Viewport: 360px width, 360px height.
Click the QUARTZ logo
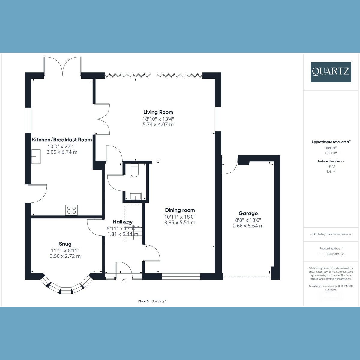[331, 72]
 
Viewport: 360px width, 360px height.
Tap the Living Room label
[158, 112]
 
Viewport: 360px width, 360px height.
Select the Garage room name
[248, 213]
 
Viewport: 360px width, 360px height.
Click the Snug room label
[65, 244]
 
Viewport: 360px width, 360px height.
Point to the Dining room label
[180, 210]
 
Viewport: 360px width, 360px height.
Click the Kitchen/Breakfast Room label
[62, 139]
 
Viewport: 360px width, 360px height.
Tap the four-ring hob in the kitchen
[71, 210]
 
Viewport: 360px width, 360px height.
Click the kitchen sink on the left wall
[36, 156]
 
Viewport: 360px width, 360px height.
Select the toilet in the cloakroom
[135, 171]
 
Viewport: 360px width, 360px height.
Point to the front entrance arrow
[124, 281]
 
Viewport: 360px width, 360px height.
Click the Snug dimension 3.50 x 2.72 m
[65, 256]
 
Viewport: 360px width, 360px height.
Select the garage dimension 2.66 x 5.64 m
[248, 226]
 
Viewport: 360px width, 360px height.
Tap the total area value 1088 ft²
[331, 148]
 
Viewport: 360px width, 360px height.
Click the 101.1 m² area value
[331, 153]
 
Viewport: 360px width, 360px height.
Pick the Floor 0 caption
[143, 301]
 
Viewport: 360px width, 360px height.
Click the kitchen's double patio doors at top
[62, 67]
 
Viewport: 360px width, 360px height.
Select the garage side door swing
[229, 166]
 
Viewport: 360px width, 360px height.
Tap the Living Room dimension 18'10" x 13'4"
[158, 119]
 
